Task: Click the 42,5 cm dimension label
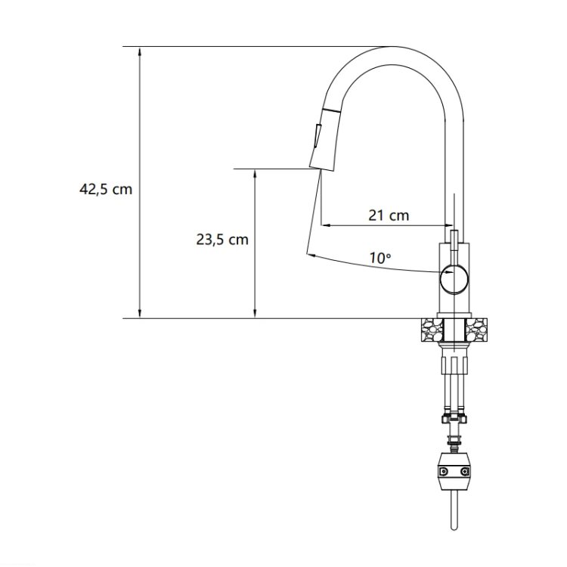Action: pyautogui.click(x=106, y=189)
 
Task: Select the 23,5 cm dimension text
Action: pyautogui.click(x=222, y=240)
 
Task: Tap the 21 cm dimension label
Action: pyautogui.click(x=389, y=215)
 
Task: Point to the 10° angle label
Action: pyautogui.click(x=380, y=259)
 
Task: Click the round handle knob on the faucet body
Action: pyautogui.click(x=454, y=278)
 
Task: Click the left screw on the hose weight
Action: pyautogui.click(x=444, y=472)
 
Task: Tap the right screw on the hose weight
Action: pyautogui.click(x=464, y=472)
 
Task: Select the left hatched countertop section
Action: pyautogui.click(x=432, y=330)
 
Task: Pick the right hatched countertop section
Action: pyautogui.click(x=476, y=330)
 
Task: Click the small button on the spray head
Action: pyautogui.click(x=318, y=136)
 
